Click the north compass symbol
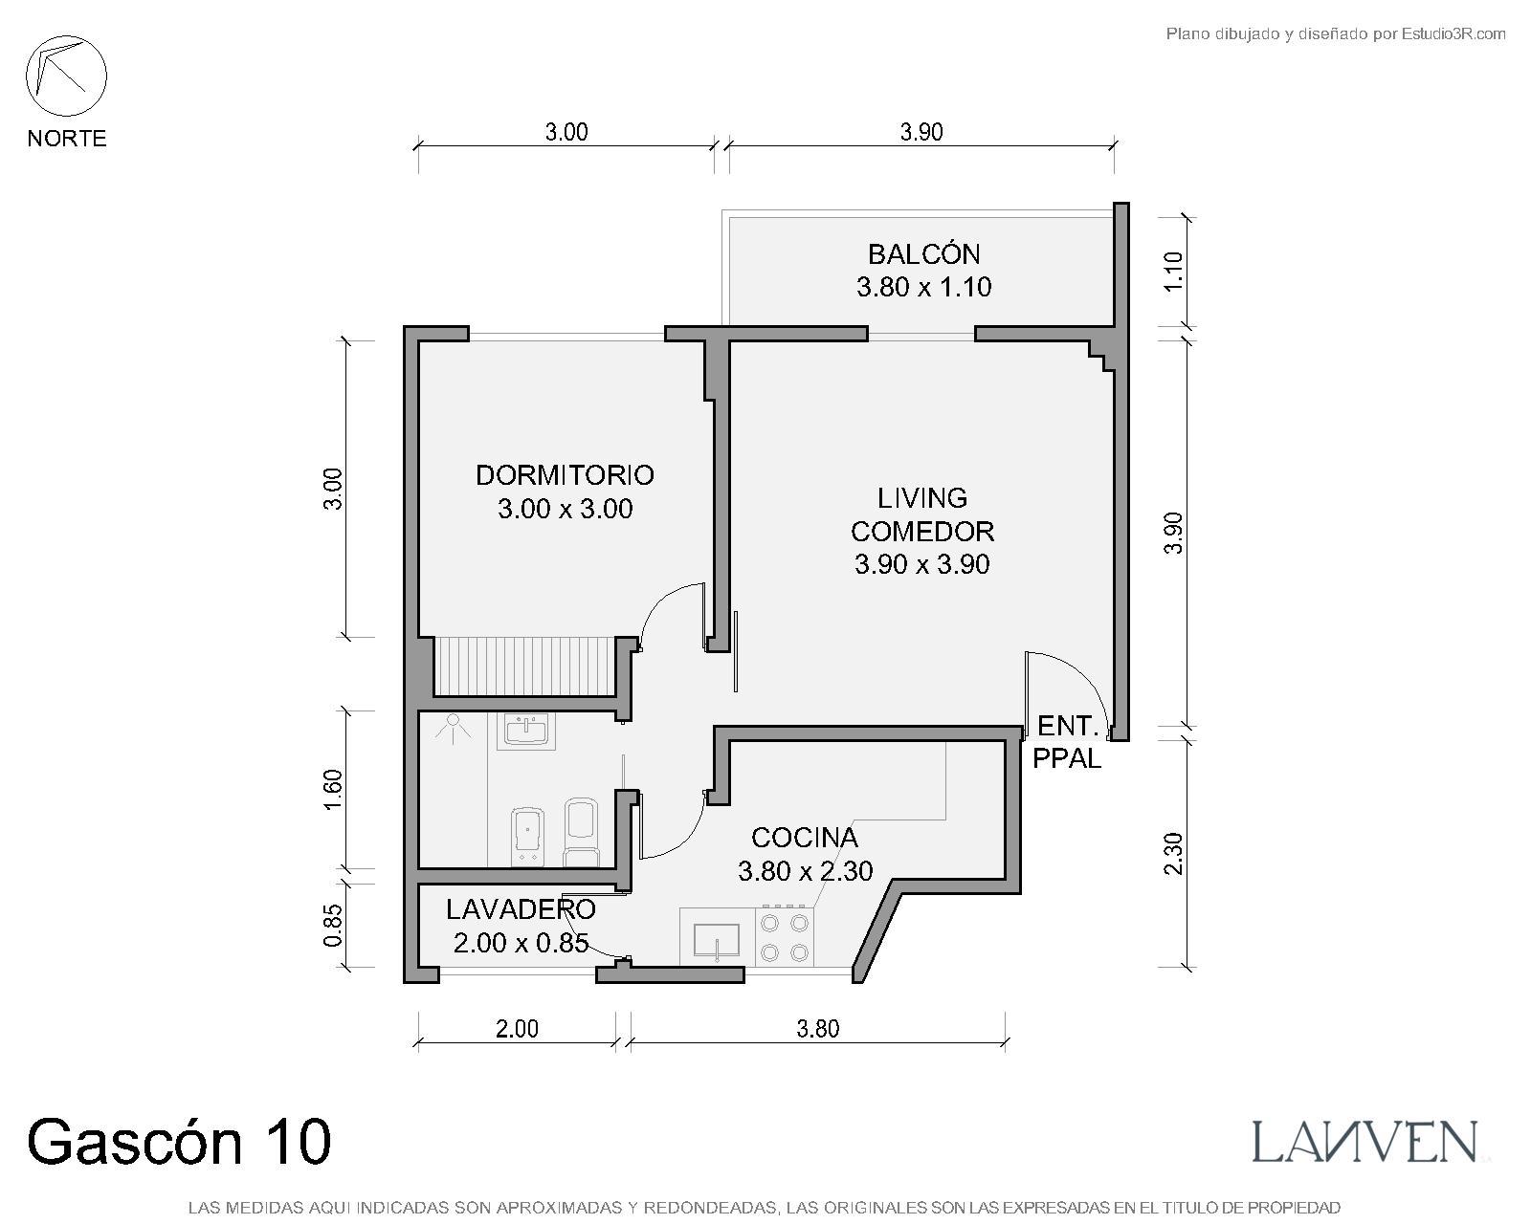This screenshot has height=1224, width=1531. coord(66,76)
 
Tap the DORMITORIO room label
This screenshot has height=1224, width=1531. coord(565,475)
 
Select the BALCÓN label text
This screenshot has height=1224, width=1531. coord(923,254)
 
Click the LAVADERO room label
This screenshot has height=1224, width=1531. coord(521,909)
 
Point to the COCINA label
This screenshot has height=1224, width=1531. coord(805,838)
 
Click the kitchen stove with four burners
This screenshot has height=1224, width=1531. coord(785,936)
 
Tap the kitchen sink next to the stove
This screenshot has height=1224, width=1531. coord(717,939)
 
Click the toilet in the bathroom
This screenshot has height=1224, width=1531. coord(581,832)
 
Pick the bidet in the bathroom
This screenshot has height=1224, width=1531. coord(528,837)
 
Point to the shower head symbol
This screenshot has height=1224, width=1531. coord(453,728)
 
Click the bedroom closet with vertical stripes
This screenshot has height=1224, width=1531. coord(525,667)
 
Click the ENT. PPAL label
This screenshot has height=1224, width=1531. coord(1066,742)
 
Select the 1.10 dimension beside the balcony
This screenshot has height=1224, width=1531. coord(1174,271)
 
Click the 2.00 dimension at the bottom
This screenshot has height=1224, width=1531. coord(518,1028)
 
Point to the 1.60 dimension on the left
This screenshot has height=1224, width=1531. coord(333,790)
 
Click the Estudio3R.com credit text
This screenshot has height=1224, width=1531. coord(1336,33)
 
